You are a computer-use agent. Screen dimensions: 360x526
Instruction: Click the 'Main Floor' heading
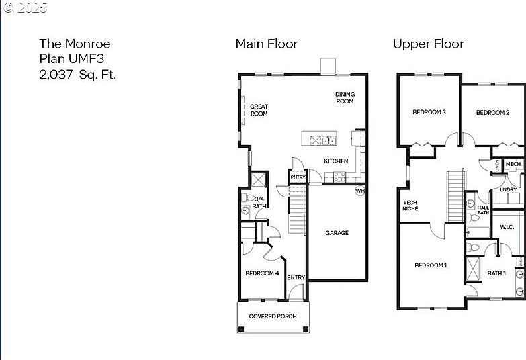[266, 44]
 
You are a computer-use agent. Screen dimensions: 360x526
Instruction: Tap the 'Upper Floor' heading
[428, 44]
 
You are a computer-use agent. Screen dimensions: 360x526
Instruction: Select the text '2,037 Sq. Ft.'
[77, 75]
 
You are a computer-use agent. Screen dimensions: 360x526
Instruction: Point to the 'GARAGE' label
[337, 233]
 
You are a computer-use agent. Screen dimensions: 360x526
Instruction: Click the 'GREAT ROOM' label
[259, 110]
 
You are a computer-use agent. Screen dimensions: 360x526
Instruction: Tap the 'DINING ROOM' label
[345, 98]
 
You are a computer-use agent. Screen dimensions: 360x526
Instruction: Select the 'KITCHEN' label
[336, 161]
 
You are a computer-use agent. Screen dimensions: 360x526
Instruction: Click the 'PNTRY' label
[298, 177]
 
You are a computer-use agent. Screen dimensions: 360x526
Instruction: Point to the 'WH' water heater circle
[360, 191]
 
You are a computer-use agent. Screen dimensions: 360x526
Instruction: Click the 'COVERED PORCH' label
[272, 316]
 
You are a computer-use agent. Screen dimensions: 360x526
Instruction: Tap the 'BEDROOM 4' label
[262, 273]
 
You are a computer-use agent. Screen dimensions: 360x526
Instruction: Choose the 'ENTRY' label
[296, 277]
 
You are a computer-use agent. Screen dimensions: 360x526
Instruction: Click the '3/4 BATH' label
[259, 202]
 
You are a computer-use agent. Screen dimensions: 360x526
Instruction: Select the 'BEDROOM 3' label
[429, 112]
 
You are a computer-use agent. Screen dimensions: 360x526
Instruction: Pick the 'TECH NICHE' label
[410, 206]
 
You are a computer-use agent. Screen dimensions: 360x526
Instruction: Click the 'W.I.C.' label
[507, 227]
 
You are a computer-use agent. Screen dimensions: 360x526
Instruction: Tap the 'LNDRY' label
[509, 190]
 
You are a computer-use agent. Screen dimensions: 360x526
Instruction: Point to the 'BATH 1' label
[496, 273]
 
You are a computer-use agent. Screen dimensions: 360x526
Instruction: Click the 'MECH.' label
[513, 164]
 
